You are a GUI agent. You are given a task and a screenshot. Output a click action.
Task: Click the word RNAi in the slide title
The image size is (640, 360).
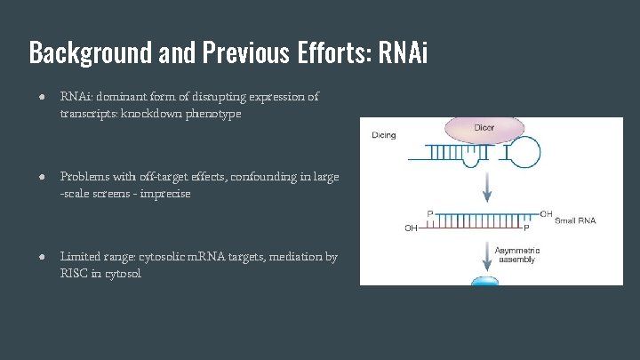403,52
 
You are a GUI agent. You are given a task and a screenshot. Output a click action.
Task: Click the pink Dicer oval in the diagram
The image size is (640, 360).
484,130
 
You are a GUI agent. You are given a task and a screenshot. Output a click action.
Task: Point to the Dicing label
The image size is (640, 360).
384,136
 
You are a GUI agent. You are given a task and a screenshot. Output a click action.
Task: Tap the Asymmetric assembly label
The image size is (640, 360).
517,256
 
